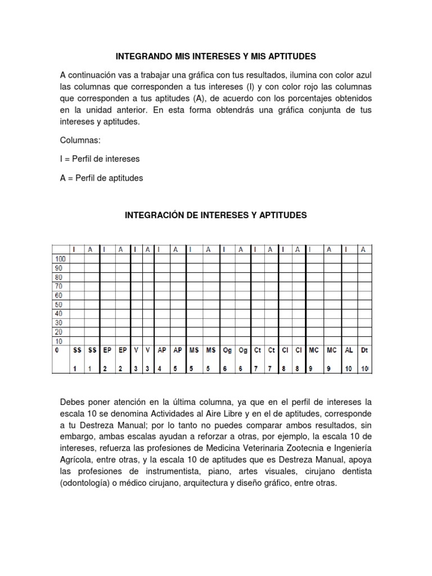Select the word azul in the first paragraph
[x=363, y=75]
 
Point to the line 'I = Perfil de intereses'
[x=100, y=159]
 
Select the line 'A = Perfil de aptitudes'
[x=101, y=178]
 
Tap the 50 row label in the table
[x=58, y=304]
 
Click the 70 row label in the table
[x=58, y=286]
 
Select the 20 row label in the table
[x=58, y=331]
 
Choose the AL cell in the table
[x=349, y=350]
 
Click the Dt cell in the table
[x=364, y=350]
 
